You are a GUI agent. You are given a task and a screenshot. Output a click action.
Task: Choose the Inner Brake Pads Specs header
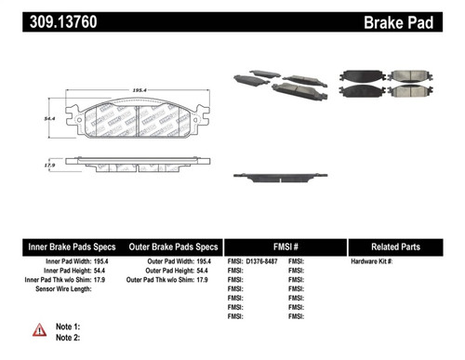73,247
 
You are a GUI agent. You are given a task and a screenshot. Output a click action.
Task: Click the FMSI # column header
284,247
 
